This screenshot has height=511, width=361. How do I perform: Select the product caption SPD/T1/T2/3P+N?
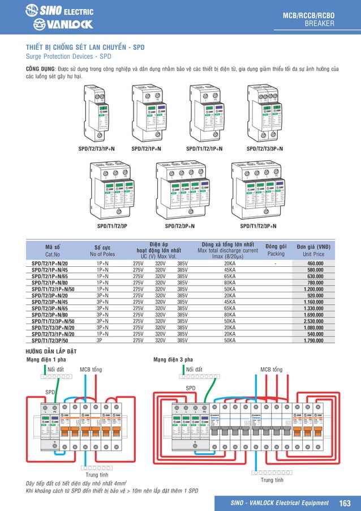(x=258, y=226)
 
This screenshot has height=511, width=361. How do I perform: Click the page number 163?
(x=345, y=503)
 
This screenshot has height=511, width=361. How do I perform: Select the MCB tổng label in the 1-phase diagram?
(x=91, y=369)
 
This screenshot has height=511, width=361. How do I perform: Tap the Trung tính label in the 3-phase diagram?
(x=272, y=480)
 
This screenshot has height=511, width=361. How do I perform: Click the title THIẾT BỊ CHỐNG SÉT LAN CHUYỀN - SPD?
(x=85, y=48)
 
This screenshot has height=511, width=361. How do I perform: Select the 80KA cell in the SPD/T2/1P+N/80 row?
(x=230, y=283)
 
